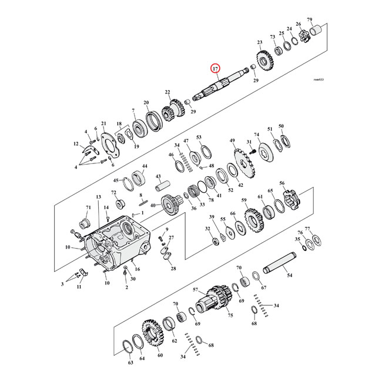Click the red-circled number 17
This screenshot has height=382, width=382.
coord(216,69)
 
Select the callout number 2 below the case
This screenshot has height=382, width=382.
coord(126,288)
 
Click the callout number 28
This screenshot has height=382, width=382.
coord(173,269)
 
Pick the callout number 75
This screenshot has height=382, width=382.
coord(231,315)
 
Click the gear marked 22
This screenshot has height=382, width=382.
coord(172,109)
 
